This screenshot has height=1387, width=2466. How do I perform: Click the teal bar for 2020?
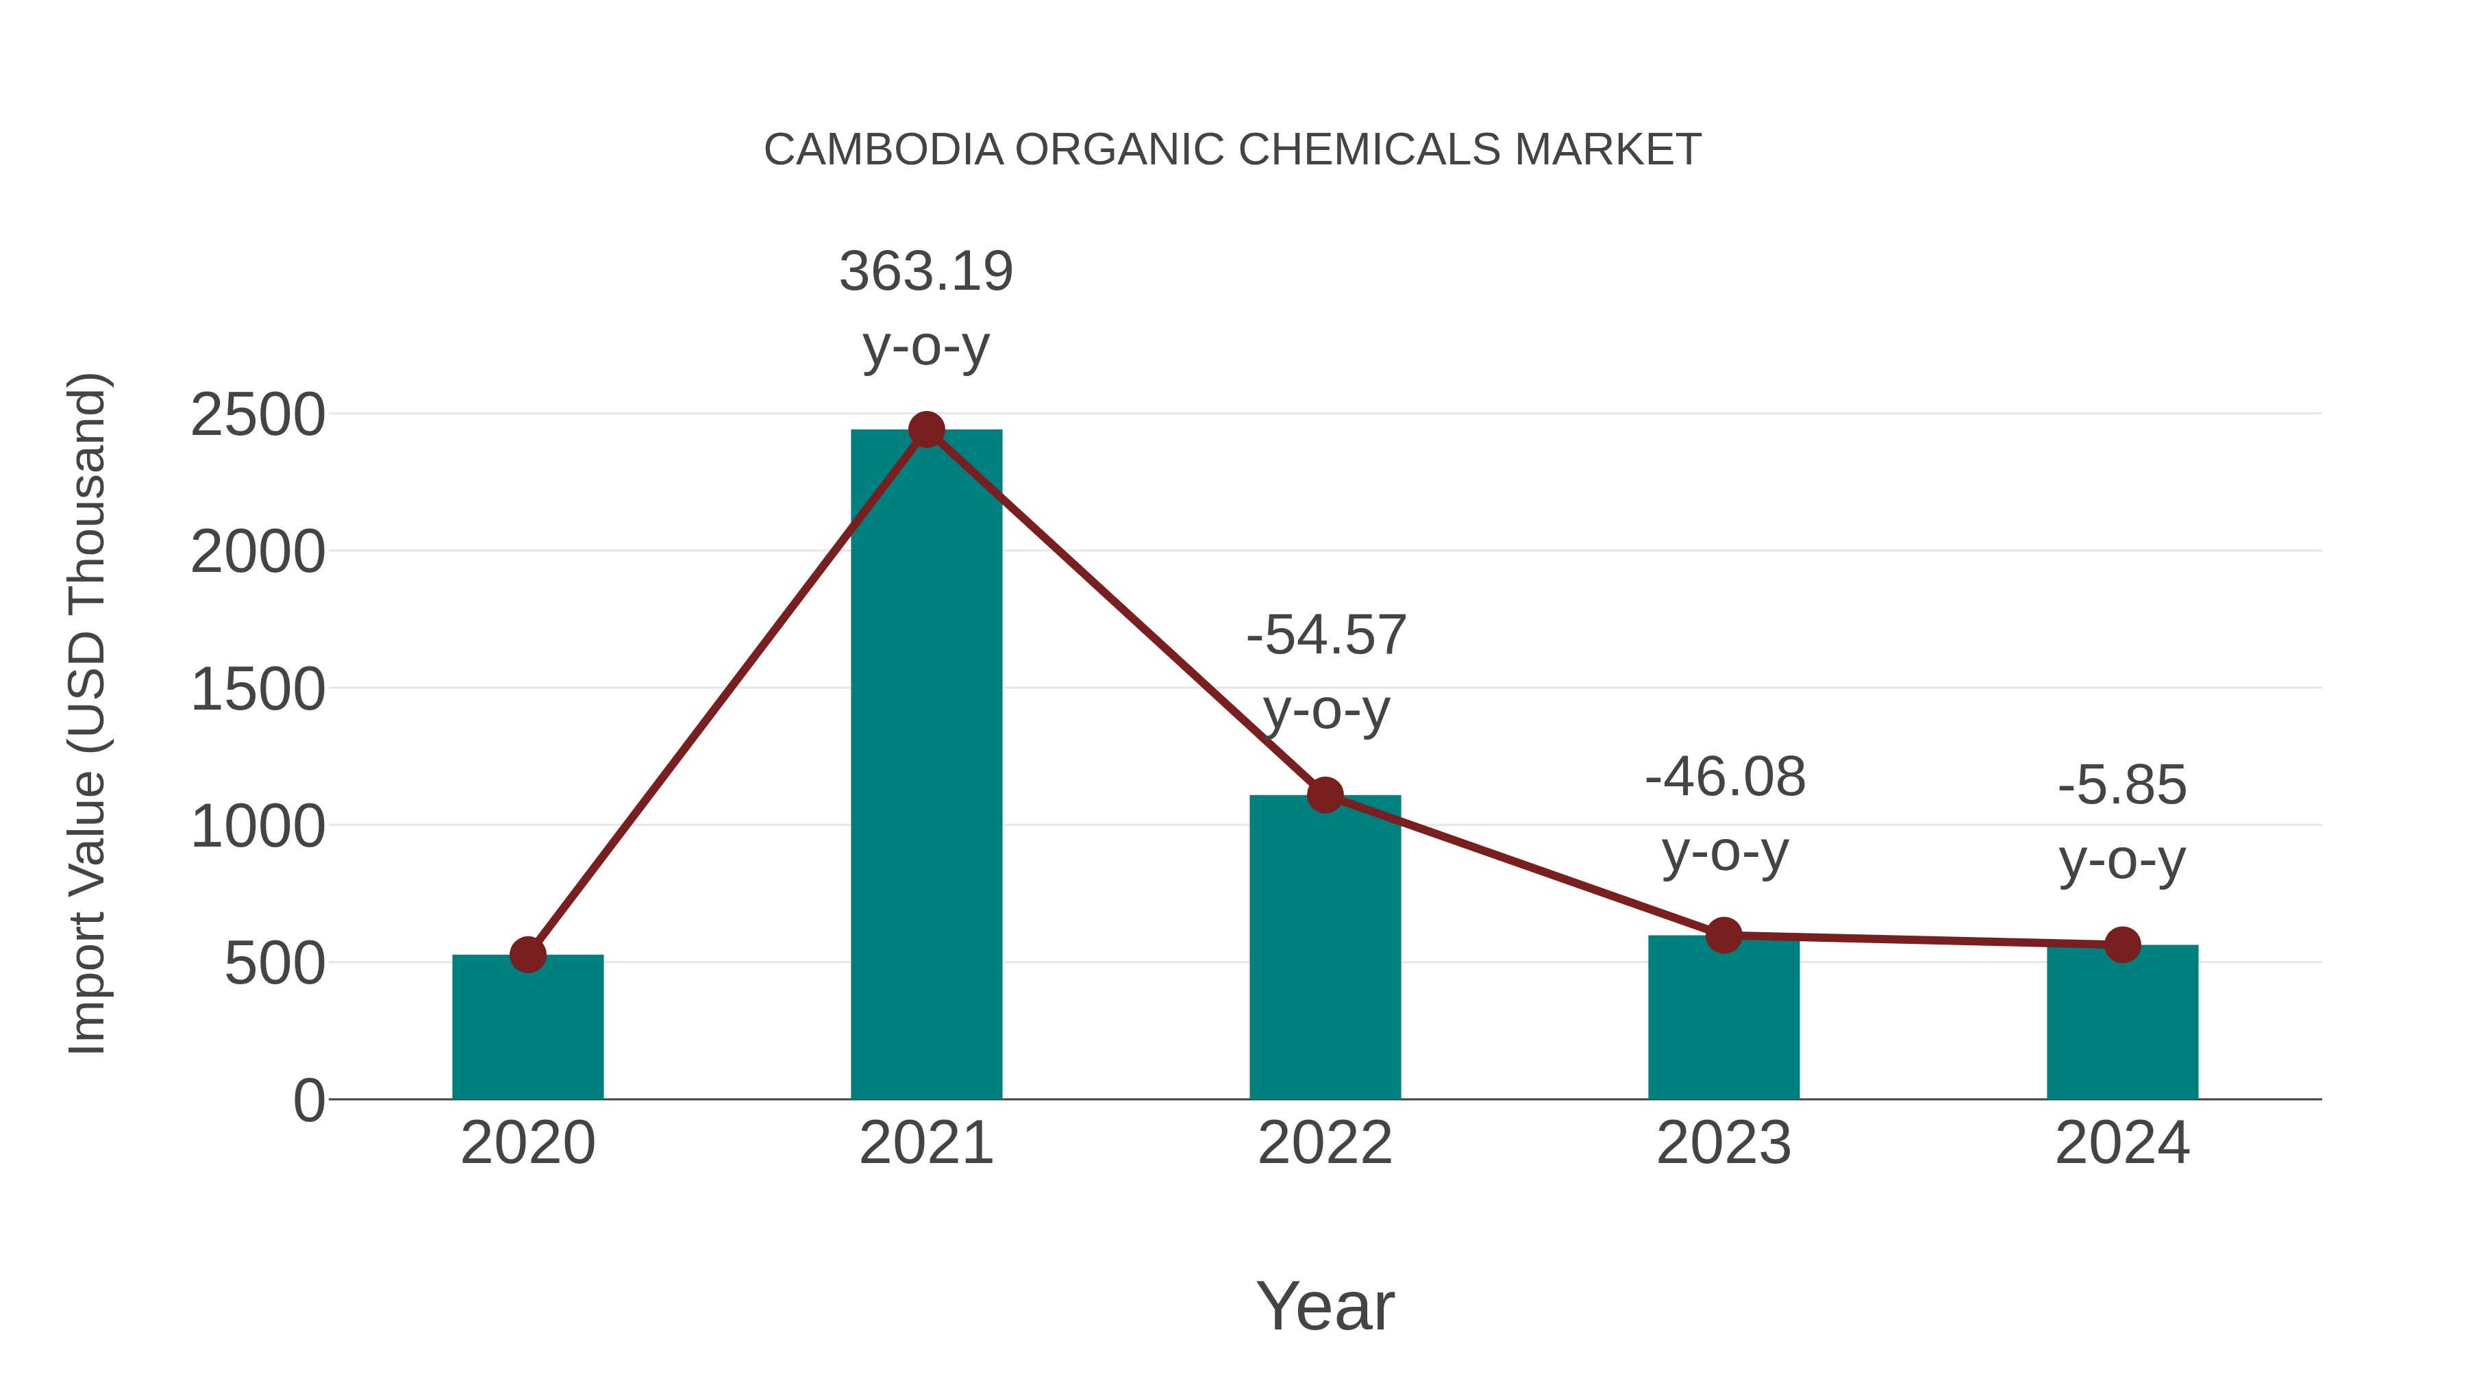(527, 1029)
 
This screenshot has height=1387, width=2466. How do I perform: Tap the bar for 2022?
(1325, 948)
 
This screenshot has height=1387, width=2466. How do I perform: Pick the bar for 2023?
(1723, 1019)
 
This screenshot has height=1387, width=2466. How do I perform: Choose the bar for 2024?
(2122, 1024)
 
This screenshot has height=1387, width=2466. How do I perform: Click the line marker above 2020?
(527, 954)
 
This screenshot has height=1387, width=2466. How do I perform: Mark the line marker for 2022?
(1325, 795)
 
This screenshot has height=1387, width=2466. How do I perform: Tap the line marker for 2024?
(2122, 945)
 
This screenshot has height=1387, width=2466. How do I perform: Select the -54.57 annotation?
(1326, 636)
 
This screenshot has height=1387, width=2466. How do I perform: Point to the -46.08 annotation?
(1725, 777)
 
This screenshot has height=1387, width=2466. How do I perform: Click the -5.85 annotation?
(2122, 786)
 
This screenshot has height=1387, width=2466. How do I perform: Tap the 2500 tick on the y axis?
(258, 416)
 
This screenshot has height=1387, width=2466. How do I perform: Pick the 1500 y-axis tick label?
(258, 690)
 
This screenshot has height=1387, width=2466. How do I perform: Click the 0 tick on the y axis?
(309, 1101)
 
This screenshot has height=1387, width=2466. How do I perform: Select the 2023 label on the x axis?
(1723, 1144)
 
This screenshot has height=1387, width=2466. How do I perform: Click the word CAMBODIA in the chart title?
(883, 150)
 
